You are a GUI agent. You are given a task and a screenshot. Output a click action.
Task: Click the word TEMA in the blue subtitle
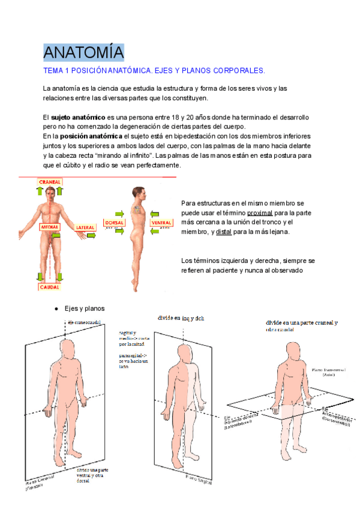click(54, 71)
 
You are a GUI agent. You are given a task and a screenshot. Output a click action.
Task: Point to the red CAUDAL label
click(49, 287)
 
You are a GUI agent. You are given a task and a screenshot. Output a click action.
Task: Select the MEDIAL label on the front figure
click(49, 228)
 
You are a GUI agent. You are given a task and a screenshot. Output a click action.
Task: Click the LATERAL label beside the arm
click(85, 228)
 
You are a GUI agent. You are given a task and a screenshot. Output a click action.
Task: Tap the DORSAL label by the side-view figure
click(114, 223)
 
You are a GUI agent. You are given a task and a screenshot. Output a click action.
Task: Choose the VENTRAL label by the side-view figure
click(162, 223)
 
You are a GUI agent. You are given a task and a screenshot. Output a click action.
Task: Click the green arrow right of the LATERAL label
click(92, 236)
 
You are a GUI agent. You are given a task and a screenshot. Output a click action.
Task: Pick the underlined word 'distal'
click(224, 232)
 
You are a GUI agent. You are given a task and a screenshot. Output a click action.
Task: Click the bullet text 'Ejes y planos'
click(84, 309)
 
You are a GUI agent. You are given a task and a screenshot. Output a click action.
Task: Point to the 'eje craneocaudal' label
click(83, 322)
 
